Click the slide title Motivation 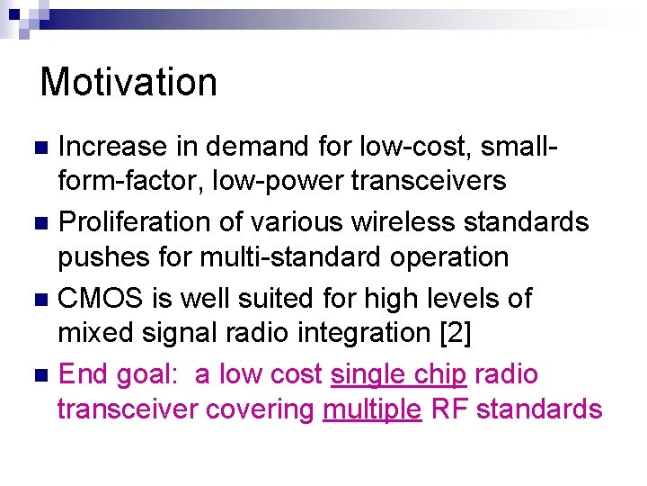point(129,82)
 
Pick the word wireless point(408,221)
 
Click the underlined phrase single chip point(398,373)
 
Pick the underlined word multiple point(372,409)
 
